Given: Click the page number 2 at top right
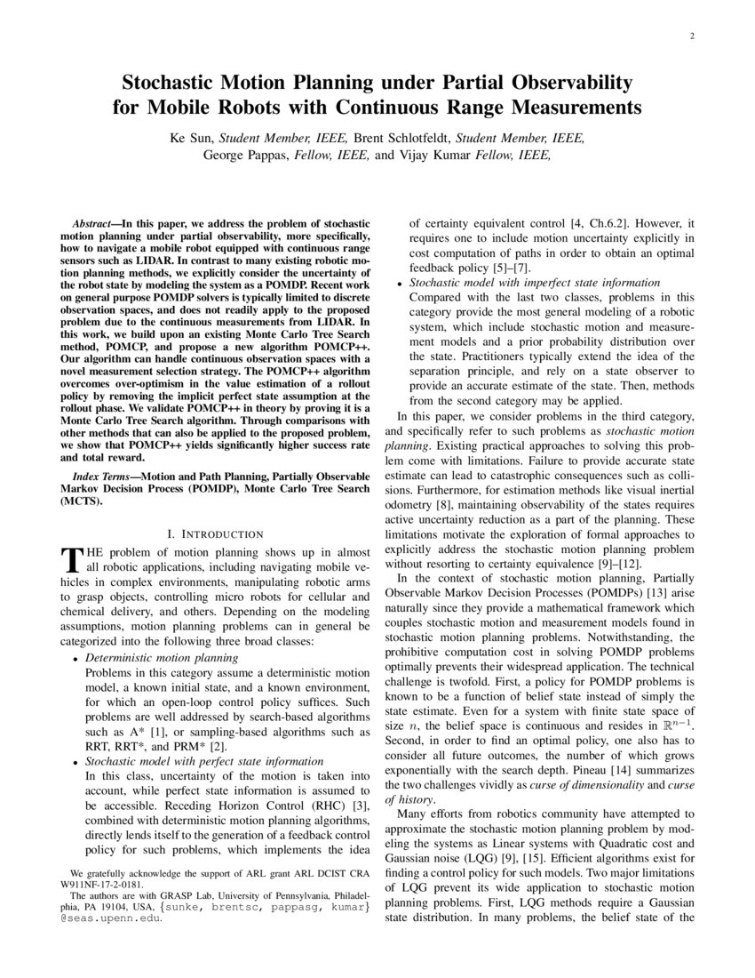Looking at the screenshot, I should point(690,36).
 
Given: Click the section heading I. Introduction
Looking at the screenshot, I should point(216,534).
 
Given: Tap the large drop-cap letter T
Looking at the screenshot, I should point(70,558).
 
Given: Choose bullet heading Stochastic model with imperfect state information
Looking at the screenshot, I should point(535,283).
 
